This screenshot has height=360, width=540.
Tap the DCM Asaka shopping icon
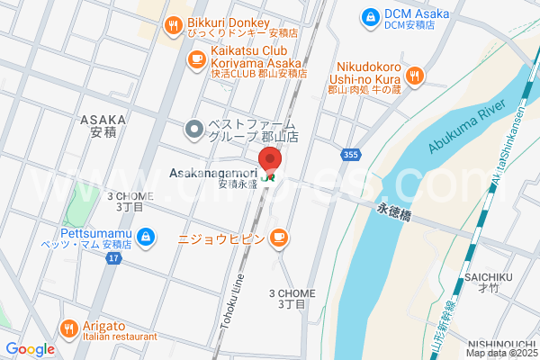pyautogui.click(x=369, y=17)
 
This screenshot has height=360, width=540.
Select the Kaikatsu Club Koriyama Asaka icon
pyautogui.click(x=195, y=58)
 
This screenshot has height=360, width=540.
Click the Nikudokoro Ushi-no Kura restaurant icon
pyautogui.click(x=414, y=76)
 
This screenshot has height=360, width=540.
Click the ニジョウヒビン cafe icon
pyautogui.click(x=279, y=238)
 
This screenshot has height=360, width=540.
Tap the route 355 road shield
pyautogui.click(x=349, y=156)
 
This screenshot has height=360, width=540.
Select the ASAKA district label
pyautogui.click(x=98, y=125)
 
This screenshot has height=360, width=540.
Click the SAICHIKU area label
pyautogui.click(x=489, y=280)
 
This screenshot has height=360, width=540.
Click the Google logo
pyautogui.click(x=30, y=349)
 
